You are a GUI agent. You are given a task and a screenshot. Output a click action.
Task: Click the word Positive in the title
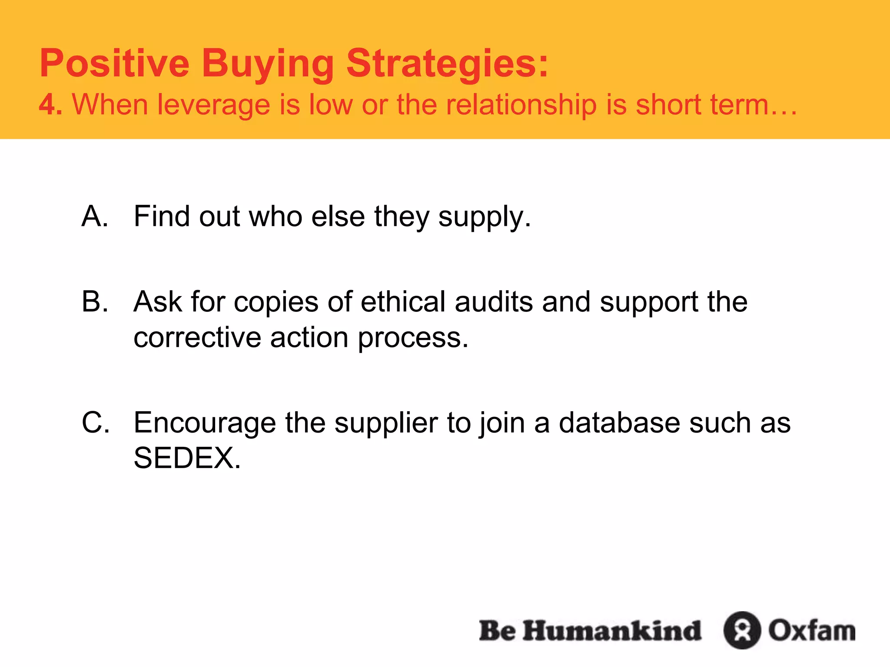click(114, 63)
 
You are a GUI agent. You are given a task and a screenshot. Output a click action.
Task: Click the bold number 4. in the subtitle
click(50, 105)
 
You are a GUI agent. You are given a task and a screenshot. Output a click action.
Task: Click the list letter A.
click(95, 216)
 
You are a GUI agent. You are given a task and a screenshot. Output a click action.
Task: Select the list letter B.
click(95, 301)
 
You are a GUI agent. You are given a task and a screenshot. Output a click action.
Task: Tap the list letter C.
click(96, 422)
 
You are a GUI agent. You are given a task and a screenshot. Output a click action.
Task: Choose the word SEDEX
click(187, 458)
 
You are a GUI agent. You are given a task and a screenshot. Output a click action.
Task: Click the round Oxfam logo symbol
click(742, 631)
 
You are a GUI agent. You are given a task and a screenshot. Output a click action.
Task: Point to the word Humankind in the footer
click(612, 631)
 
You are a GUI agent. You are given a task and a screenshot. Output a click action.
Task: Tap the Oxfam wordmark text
click(812, 631)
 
